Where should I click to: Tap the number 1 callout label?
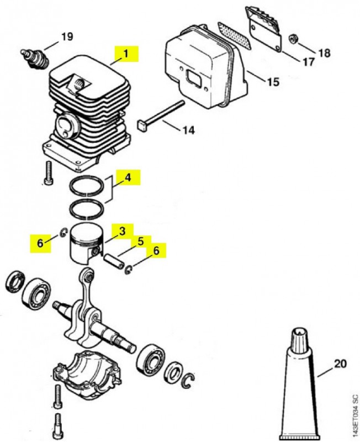126,54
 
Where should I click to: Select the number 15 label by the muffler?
273,82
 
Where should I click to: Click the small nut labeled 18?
294,39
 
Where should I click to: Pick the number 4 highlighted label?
128,178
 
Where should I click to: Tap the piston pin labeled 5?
114,261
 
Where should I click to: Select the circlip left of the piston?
63,233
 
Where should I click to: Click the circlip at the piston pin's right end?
129,270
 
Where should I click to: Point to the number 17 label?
308,61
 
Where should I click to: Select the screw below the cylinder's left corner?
47,173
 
